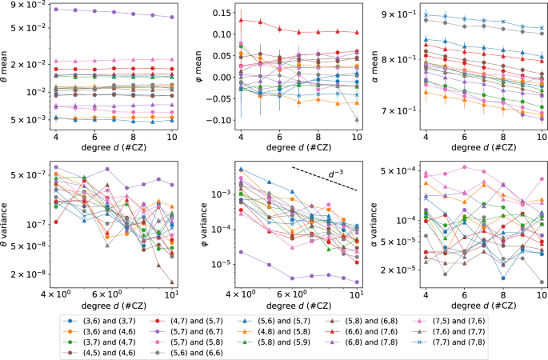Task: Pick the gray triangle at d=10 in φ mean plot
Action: click(x=357, y=119)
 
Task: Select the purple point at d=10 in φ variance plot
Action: click(x=357, y=281)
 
